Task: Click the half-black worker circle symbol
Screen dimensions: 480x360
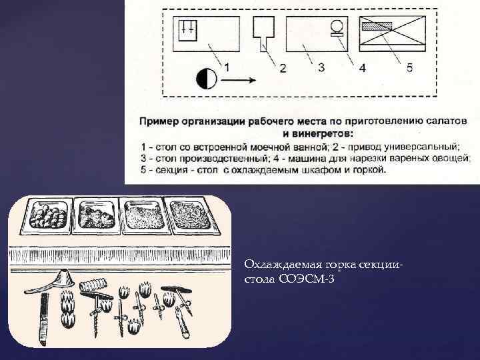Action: coord(206,79)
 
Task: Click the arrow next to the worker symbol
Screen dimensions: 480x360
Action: coord(238,81)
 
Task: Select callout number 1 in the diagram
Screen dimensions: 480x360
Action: coord(227,67)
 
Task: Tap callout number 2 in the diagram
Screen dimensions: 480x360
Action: coord(283,68)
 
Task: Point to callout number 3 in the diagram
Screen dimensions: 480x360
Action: coord(321,67)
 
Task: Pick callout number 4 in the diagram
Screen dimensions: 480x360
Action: coord(362,67)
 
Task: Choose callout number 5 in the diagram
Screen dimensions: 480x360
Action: coord(409,67)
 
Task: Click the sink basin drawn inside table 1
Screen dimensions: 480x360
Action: coord(187,30)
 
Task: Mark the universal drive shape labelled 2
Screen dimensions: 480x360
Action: coord(263,33)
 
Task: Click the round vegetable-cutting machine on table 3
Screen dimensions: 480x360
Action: coord(337,27)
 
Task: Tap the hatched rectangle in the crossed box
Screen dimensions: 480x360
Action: coord(377,26)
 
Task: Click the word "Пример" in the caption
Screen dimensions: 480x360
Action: coord(159,121)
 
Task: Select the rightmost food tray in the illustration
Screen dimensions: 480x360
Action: coord(192,215)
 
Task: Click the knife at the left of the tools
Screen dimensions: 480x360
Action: coord(44,319)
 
